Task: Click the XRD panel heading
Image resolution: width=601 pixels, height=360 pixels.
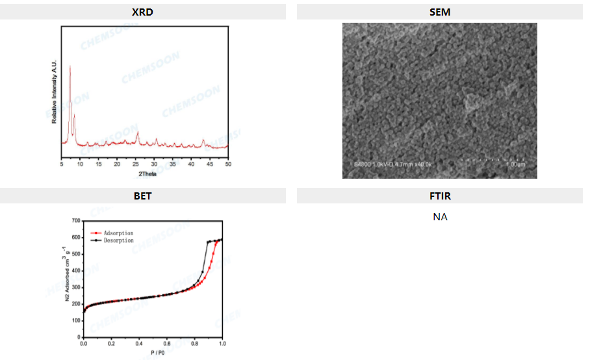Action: pos(142,12)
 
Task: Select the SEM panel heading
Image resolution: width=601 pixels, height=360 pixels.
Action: pos(440,12)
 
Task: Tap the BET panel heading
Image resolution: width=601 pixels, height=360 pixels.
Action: pos(142,196)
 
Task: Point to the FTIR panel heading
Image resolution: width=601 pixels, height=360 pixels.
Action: pos(440,196)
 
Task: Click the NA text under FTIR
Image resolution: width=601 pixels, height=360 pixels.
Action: pos(440,216)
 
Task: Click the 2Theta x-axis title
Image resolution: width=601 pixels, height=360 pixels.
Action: pos(147,174)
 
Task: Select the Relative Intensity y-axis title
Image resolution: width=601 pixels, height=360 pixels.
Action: pos(55,93)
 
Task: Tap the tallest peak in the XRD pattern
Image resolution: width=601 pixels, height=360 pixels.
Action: pos(70,66)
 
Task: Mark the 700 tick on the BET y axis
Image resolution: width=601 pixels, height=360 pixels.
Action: pos(75,221)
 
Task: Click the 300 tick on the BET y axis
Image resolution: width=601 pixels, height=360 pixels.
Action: pos(75,287)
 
